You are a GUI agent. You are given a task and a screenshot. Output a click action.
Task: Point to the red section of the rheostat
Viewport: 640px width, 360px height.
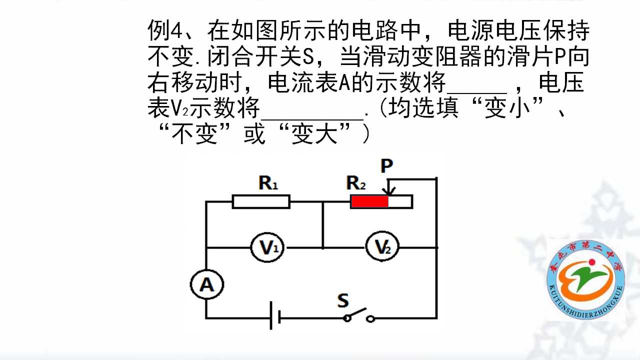coord(369,201)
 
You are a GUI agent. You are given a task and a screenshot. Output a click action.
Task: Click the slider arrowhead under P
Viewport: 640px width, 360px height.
coord(389,191)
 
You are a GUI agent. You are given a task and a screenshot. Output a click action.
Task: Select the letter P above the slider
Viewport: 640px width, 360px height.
coord(387,165)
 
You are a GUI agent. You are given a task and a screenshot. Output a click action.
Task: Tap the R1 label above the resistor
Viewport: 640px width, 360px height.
coord(268,183)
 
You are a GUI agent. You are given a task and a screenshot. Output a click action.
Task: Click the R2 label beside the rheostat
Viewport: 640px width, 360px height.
coord(355,183)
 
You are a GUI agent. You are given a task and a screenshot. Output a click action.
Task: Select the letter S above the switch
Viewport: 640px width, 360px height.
coord(343,300)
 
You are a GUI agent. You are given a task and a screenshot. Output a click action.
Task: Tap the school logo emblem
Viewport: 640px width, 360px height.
coord(585,280)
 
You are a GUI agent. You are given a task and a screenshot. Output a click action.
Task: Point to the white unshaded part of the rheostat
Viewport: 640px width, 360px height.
coord(399,201)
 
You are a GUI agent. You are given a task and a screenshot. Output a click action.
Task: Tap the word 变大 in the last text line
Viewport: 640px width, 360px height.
coord(314,134)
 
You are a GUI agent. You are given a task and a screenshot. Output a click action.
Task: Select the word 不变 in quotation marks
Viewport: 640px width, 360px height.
coord(194,134)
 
